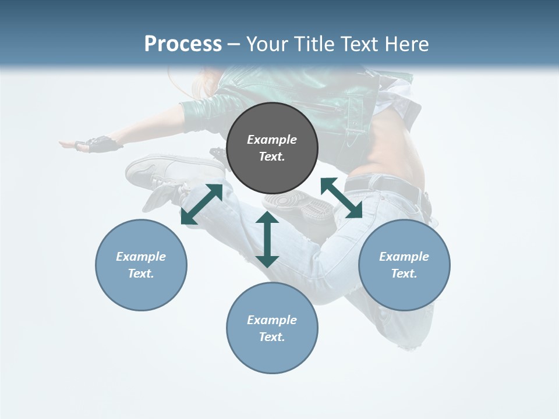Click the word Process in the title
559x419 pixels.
point(183,44)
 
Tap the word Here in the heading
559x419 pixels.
point(405,44)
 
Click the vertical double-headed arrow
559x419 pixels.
point(267,239)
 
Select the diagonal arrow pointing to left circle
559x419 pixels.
point(201,204)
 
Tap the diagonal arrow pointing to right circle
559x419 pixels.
point(341,198)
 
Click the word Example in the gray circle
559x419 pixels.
point(272,140)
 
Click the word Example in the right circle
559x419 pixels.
point(404,257)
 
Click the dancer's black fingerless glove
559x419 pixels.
point(102,144)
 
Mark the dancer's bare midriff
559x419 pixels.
point(396,145)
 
